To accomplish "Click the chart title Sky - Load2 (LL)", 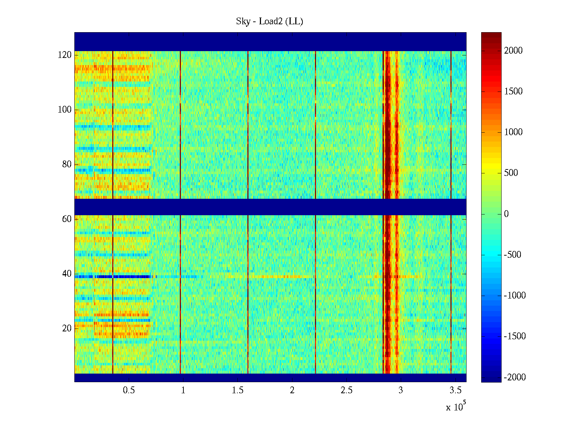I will click(x=270, y=21).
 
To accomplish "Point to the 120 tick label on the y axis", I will click(x=65, y=55).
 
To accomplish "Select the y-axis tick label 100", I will click(x=65, y=110).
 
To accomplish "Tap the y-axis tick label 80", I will click(x=67, y=164).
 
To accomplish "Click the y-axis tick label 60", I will click(x=67, y=219).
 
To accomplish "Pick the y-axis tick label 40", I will click(x=67, y=274).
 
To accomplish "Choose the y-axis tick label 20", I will click(x=67, y=329).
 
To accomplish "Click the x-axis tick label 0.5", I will click(x=129, y=390).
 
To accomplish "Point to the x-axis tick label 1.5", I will click(x=238, y=390).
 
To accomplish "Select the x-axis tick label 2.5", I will click(x=346, y=390).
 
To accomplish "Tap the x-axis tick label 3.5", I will click(x=455, y=390).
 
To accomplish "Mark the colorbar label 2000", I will click(x=513, y=51).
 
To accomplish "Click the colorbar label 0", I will click(x=506, y=214).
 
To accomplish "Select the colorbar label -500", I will click(x=513, y=255).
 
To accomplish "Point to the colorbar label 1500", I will click(x=513, y=92).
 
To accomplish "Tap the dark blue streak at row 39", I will click(x=107, y=277).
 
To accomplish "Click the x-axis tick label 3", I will click(x=401, y=390).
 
